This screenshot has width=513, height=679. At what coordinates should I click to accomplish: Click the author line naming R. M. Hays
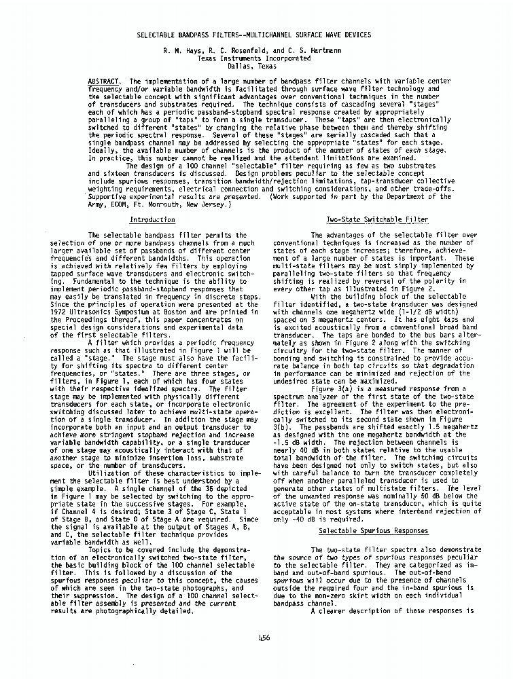pos(255,50)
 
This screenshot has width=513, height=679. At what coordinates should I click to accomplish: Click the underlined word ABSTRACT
pos(103,81)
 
